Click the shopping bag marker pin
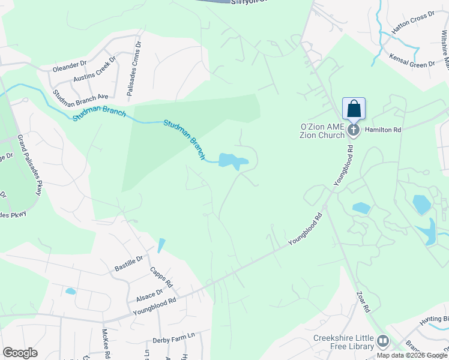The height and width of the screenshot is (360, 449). (x=354, y=109)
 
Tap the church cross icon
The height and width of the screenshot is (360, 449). (x=354, y=130)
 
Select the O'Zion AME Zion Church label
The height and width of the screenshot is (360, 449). (x=324, y=131)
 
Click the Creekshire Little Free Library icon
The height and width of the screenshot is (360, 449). (x=382, y=341)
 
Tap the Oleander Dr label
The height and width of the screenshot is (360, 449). (x=70, y=65)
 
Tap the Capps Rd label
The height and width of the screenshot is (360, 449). (x=161, y=277)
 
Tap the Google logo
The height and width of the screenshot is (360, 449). (x=20, y=353)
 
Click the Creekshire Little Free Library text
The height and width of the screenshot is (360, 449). (x=344, y=342)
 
